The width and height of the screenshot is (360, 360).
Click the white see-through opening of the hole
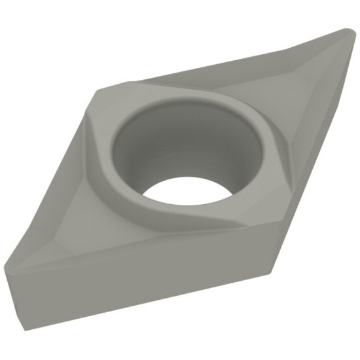[183, 192]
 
